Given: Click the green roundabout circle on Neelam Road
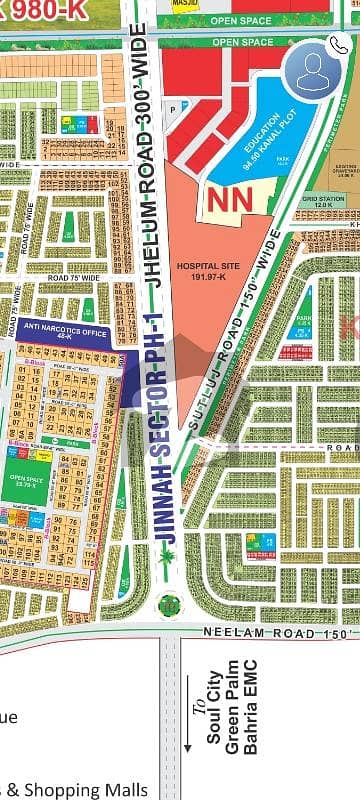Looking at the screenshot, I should (168, 604).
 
